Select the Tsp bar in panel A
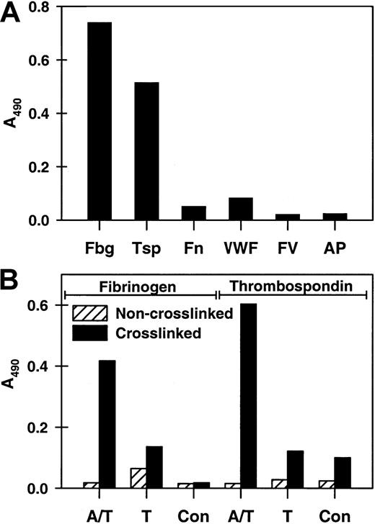point(146,151)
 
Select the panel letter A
point(12,14)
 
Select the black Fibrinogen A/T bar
point(106,424)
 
